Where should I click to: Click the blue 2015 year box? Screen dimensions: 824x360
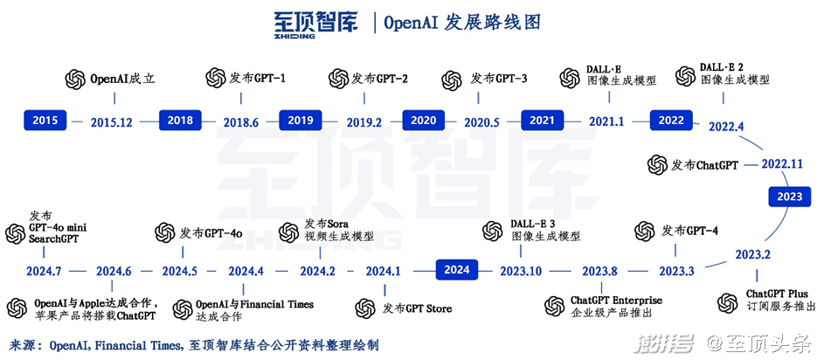45,121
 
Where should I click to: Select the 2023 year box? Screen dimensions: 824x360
789,197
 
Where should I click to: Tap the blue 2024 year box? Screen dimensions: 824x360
457,271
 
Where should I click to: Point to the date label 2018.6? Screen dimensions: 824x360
241,122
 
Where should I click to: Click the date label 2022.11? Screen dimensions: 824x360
782,163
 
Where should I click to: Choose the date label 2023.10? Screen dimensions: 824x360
520,271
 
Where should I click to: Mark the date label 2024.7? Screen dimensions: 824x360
45,271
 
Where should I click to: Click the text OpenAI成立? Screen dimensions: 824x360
122,80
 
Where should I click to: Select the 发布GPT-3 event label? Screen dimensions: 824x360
499,79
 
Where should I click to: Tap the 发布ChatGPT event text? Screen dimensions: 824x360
704,164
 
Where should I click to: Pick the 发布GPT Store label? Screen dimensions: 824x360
417,308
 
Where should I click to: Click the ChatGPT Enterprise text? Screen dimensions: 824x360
616,300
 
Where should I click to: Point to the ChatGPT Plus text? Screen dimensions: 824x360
777,294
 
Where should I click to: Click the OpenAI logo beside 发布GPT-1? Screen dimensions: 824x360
216,78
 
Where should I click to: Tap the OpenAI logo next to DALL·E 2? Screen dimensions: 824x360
685,76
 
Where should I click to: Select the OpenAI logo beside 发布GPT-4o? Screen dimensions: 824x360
165,232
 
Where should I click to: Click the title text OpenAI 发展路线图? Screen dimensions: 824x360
462,23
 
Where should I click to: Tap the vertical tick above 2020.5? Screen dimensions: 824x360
478,98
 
